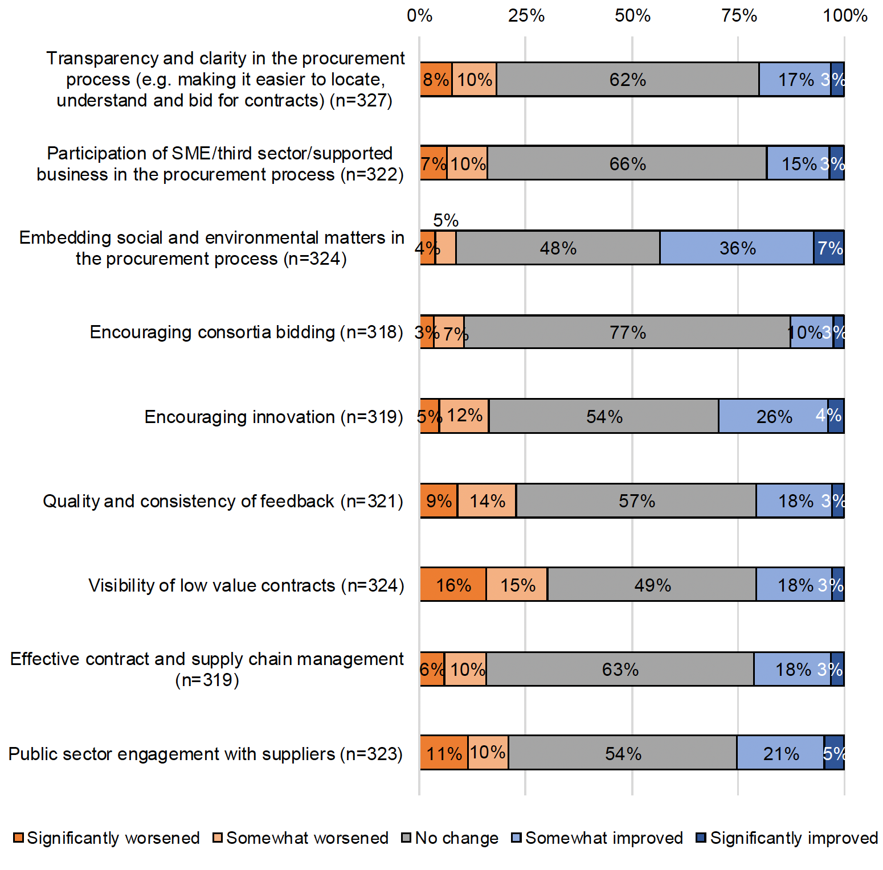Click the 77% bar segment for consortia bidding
627,332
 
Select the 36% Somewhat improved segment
737,248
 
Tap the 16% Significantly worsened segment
453,585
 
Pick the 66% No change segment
627,163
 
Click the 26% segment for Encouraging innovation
773,416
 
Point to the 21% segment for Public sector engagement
780,753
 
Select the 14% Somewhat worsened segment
487,500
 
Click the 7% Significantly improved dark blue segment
829,248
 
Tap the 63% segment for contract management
620,669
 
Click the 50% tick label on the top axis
632,15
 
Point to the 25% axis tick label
526,15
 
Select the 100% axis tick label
844,15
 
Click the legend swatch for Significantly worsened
18,838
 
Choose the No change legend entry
456,838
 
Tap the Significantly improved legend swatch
701,838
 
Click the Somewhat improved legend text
604,838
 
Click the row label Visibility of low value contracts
246,585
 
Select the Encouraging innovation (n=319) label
273,417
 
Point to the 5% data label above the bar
445,220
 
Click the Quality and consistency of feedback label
223,501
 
